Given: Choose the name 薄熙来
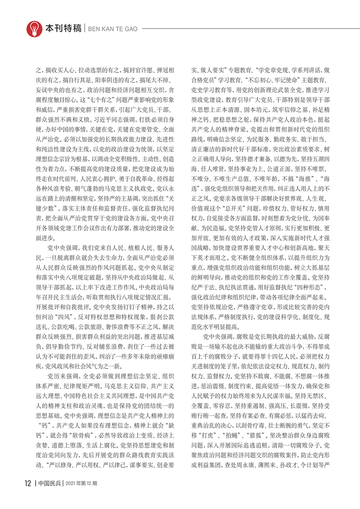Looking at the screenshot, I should (274, 465).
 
